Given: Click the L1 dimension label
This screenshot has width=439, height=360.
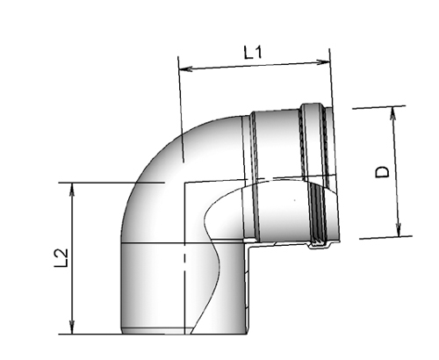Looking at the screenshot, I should click(x=254, y=53).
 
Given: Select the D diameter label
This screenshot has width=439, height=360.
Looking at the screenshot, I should click(x=382, y=173).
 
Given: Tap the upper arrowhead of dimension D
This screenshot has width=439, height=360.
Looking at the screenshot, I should click(x=396, y=111).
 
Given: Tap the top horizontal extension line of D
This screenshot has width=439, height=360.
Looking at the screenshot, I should click(x=382, y=106).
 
